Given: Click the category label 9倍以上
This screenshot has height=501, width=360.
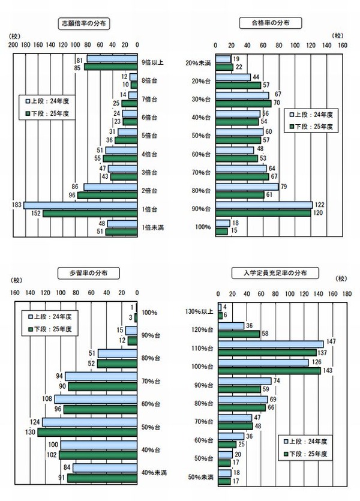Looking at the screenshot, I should click(152, 62).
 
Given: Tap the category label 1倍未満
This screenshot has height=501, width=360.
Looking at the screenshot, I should click(152, 227).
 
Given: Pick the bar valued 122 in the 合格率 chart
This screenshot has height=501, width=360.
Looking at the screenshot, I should click(263, 205).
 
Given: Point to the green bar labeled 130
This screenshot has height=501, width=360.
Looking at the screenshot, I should click(88, 431).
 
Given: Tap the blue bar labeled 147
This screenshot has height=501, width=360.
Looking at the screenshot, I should click(271, 343).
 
